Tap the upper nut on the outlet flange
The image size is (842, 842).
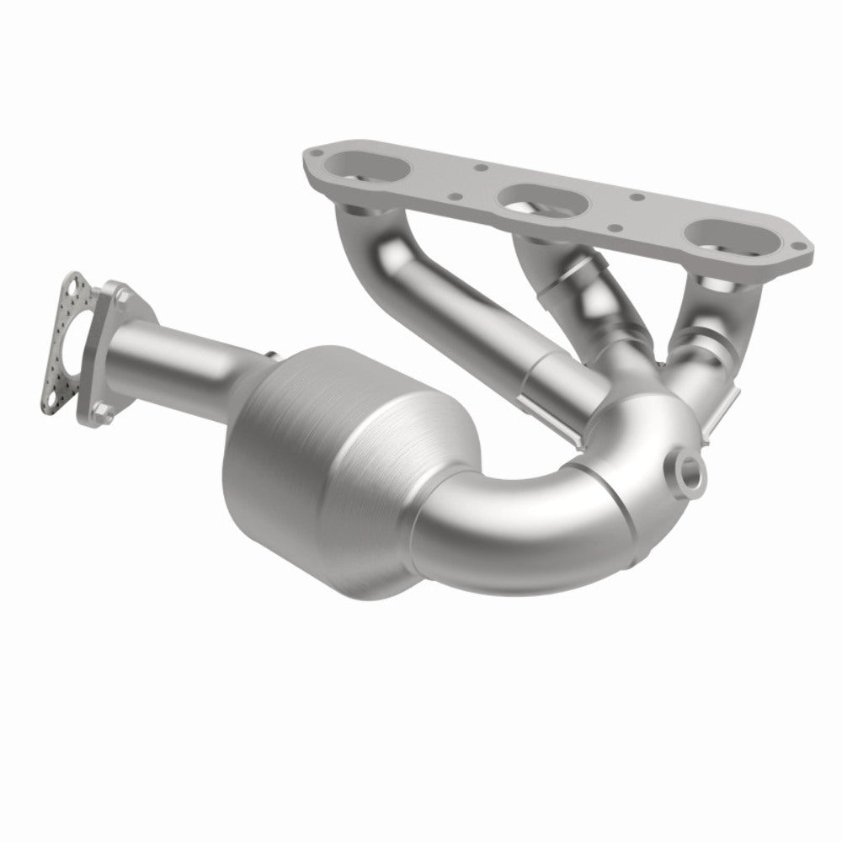[125, 296]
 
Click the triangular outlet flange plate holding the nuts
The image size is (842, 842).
[114, 354]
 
